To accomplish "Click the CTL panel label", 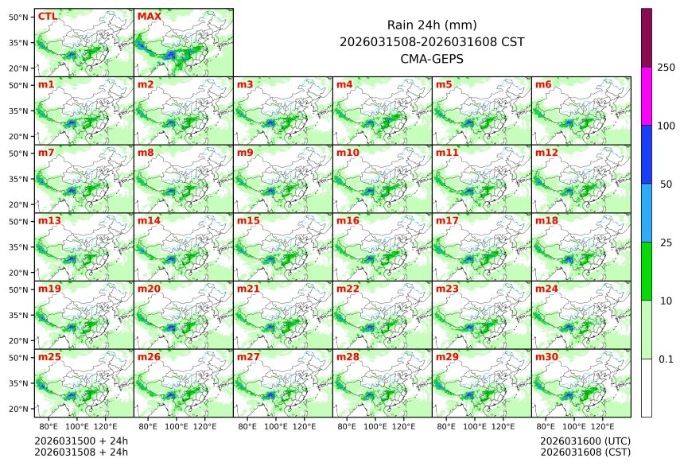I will coord(47,16).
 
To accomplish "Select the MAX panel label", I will coord(149,16).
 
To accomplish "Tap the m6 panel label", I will coord(543,84).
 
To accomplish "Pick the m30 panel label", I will coord(546,357).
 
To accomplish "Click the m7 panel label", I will coord(46,152).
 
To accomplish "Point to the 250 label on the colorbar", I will coord(666,68).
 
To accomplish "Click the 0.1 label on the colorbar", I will coord(666,359).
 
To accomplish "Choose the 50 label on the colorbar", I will coord(666,184).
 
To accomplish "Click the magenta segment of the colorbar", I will coord(647,95).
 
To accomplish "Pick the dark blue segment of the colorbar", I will coord(647,154).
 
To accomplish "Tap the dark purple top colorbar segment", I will coord(647,37).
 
